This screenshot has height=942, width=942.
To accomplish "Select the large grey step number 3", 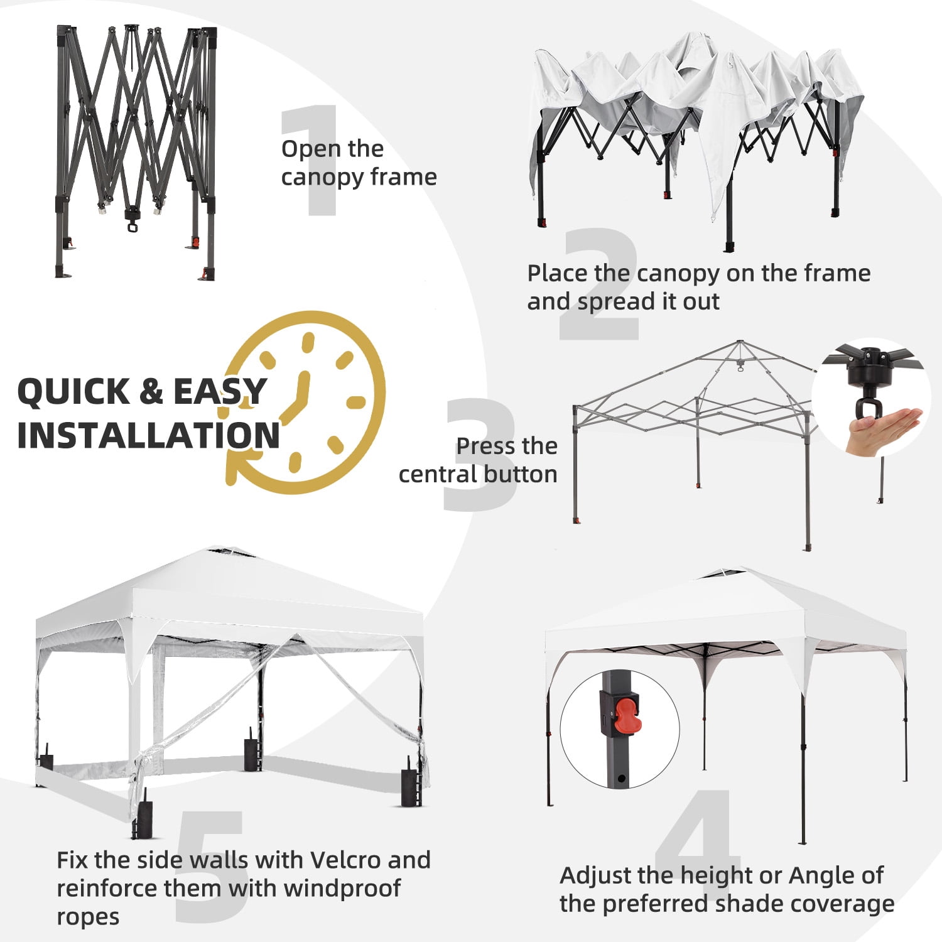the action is pyautogui.click(x=480, y=453).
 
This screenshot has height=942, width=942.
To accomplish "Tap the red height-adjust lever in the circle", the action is pyautogui.click(x=625, y=717).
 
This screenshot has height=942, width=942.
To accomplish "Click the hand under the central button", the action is pyautogui.click(x=882, y=431).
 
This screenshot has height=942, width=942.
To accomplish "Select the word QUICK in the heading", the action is pyautogui.click(x=73, y=391).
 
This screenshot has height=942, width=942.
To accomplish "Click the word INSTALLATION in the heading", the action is pyautogui.click(x=148, y=435).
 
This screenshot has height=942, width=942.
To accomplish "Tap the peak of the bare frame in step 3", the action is pyautogui.click(x=741, y=343).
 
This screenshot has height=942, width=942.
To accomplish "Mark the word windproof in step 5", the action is pyautogui.click(x=342, y=889).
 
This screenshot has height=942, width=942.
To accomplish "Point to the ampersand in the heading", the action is pyautogui.click(x=151, y=391).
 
